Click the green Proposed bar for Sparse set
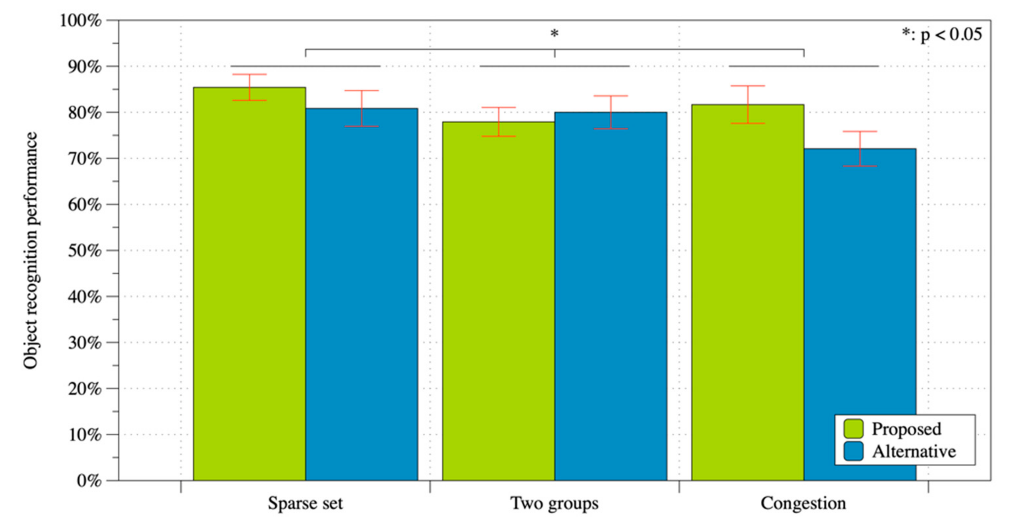click(x=249, y=283)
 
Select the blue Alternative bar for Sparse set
click(x=361, y=295)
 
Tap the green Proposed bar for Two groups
click(x=498, y=301)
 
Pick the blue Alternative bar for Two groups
click(x=611, y=297)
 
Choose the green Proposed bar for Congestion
click(x=747, y=293)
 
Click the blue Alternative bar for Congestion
click(x=860, y=314)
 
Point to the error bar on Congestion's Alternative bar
click(x=860, y=148)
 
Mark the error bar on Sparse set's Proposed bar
click(x=249, y=87)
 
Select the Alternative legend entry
click(x=904, y=452)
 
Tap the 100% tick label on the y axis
click(x=81, y=20)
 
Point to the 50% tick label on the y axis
click(x=85, y=251)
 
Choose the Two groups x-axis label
click(x=554, y=503)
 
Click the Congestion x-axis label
click(x=803, y=503)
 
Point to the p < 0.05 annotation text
click(x=942, y=35)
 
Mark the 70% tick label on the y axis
click(x=85, y=159)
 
